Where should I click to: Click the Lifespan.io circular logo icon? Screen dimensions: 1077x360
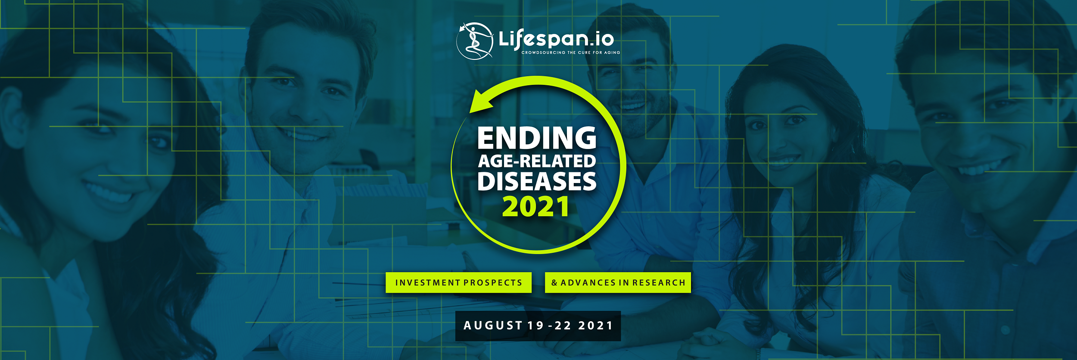pyautogui.click(x=475, y=41)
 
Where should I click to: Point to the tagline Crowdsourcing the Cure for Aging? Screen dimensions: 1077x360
pyautogui.click(x=571, y=53)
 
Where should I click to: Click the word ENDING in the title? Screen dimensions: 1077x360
pyautogui.click(x=537, y=138)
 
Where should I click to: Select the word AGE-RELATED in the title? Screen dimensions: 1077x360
pyautogui.click(x=537, y=161)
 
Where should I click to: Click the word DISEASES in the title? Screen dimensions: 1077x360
pyautogui.click(x=537, y=181)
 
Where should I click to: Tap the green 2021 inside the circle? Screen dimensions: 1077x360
pyautogui.click(x=536, y=207)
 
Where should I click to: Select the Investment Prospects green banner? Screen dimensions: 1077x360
pyautogui.click(x=458, y=282)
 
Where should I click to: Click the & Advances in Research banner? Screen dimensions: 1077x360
pyautogui.click(x=618, y=282)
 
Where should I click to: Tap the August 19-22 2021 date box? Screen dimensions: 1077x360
pyautogui.click(x=538, y=326)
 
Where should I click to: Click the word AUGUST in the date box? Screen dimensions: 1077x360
pyautogui.click(x=493, y=326)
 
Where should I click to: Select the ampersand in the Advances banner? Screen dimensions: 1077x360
pyautogui.click(x=554, y=283)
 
